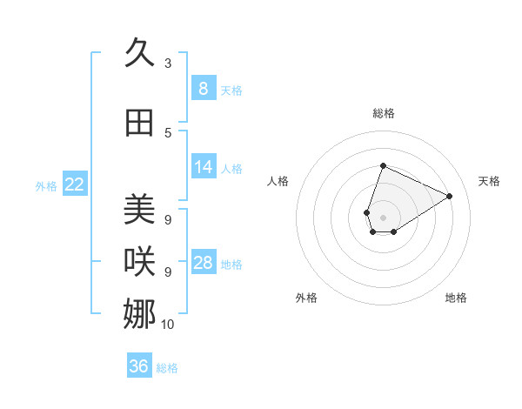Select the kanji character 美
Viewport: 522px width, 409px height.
140,209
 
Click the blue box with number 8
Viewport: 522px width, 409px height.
203,89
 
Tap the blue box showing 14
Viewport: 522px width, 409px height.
203,167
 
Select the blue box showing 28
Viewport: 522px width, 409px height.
203,263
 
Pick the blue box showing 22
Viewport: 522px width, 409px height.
75,184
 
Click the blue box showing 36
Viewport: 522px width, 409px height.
139,366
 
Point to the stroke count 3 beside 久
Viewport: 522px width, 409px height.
168,64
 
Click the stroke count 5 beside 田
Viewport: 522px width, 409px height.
168,132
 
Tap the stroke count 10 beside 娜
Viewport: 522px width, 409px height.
168,324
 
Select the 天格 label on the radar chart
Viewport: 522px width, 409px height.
489,181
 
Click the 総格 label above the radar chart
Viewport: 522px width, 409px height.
384,113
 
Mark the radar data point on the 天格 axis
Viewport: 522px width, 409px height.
450,196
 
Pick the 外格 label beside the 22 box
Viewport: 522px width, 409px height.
46,185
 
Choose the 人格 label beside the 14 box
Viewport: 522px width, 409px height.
231,168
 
